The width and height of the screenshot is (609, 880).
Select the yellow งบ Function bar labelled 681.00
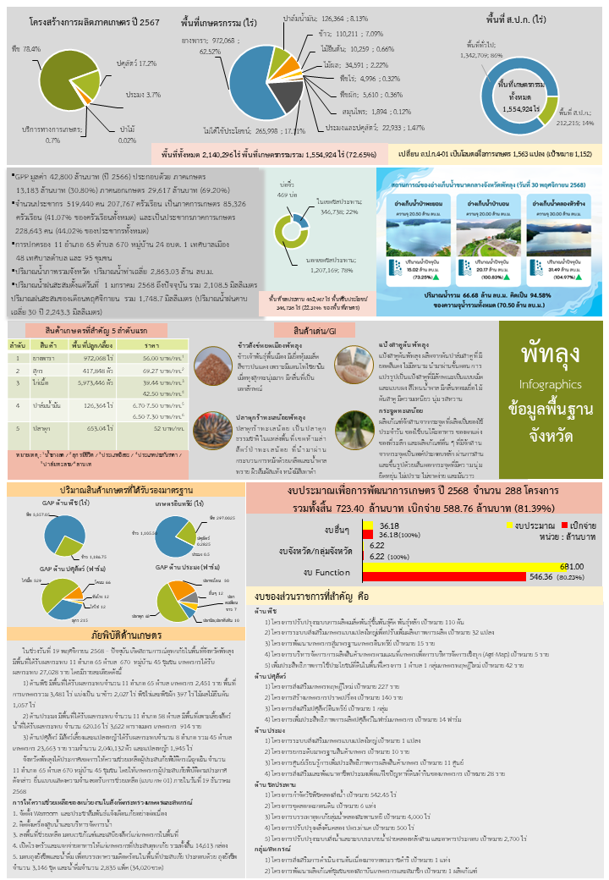pos(473,566)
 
